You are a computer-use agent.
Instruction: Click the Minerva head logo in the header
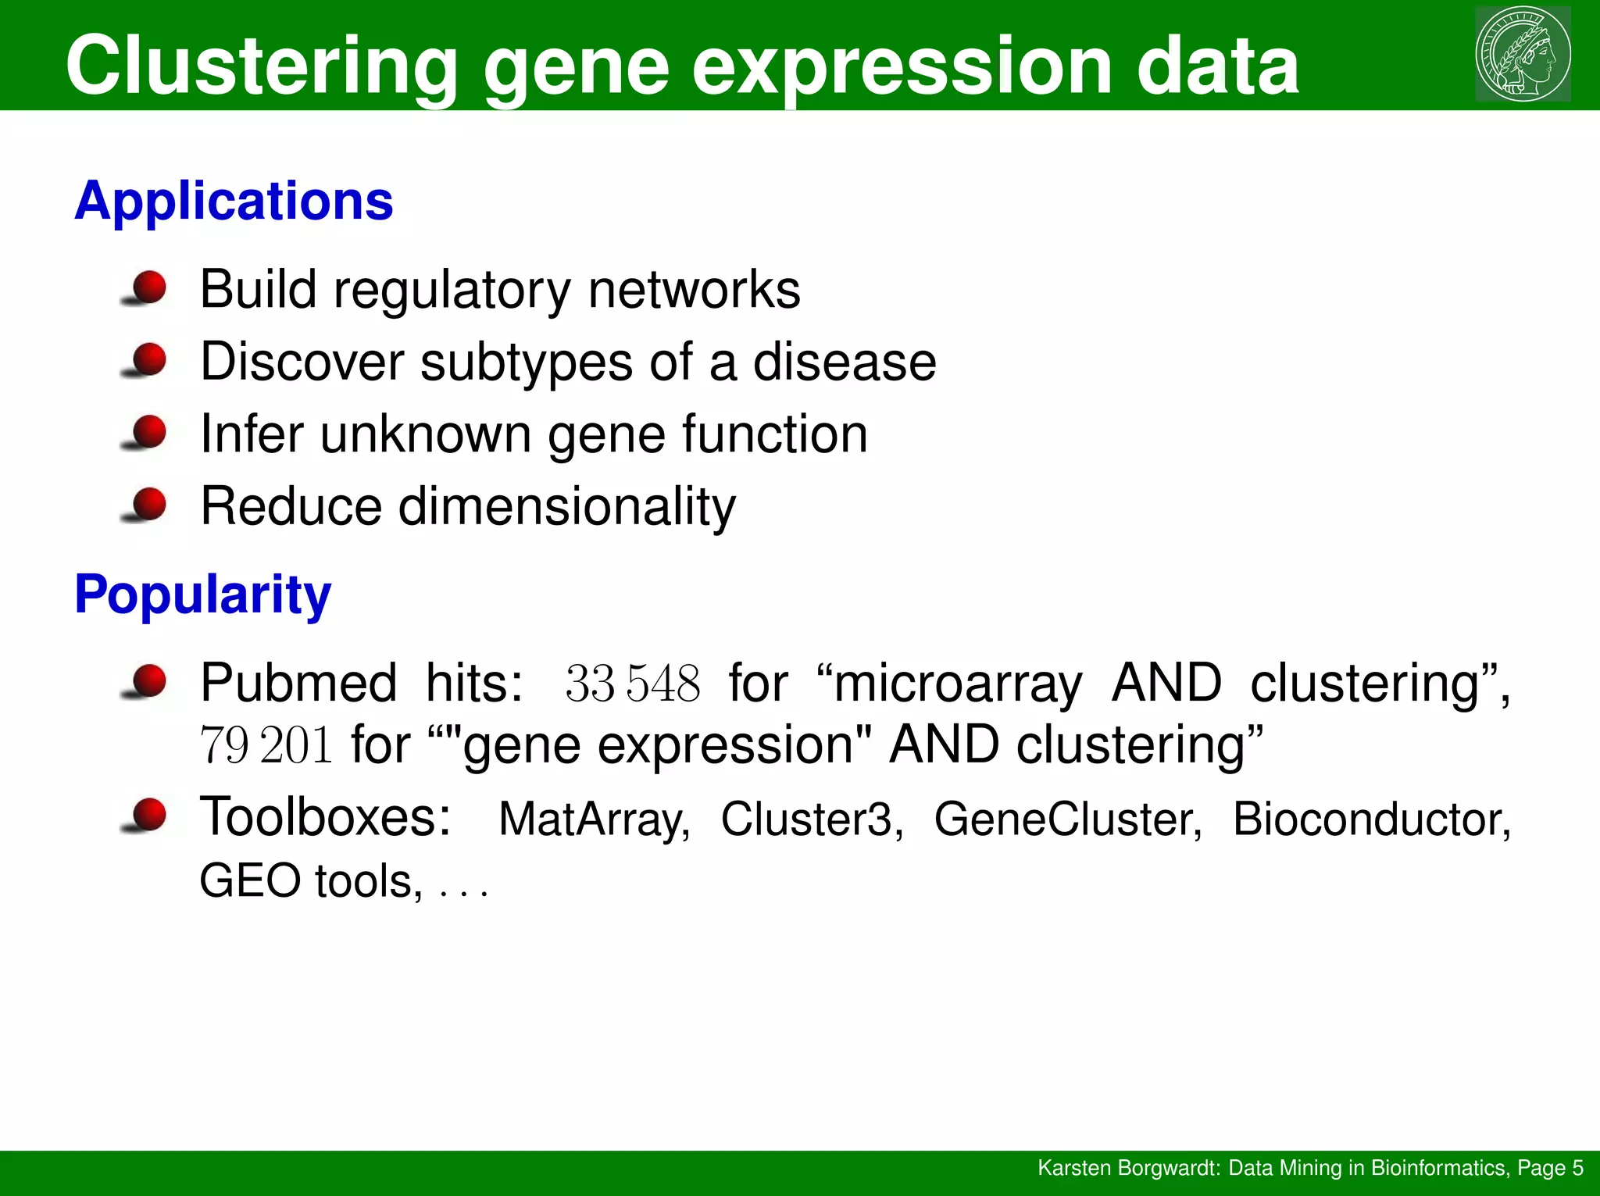[x=1523, y=54]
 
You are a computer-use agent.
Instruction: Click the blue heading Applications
[x=234, y=202]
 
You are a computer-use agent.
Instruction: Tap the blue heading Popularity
[x=202, y=595]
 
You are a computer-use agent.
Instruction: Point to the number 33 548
[x=632, y=684]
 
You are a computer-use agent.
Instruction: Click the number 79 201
[x=266, y=745]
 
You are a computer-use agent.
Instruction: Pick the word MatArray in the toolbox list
[x=594, y=820]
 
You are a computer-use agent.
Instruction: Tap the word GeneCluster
[x=1067, y=819]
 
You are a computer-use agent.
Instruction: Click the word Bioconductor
[x=1370, y=819]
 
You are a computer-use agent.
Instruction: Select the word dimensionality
[x=566, y=508]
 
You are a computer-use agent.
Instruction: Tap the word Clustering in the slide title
[x=261, y=66]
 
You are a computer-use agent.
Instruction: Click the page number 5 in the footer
[x=1577, y=1168]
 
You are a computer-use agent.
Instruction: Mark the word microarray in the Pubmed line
[x=958, y=684]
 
